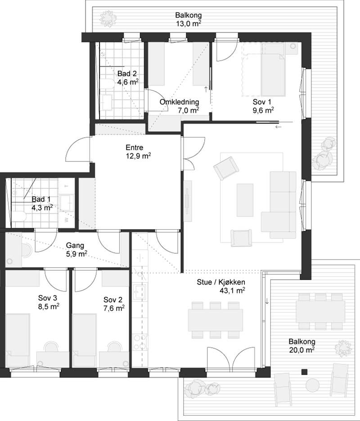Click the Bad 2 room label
pos(127,74)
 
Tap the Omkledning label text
pos(179,102)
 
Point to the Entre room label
pos(135,148)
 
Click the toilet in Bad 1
pos(19,216)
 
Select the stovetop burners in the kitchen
pos(140,342)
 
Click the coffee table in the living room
pos(245,200)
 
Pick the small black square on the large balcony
pos(304,372)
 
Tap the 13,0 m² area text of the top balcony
pos(189,23)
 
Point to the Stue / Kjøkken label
pos(221,282)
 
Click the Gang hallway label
pos(75,246)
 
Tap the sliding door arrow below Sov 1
pos(278,126)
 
